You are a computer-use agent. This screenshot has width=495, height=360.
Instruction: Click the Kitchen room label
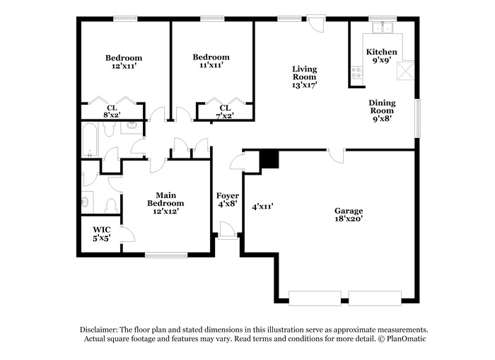tap(381, 52)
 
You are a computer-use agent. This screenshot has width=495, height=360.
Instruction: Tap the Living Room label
tap(304, 73)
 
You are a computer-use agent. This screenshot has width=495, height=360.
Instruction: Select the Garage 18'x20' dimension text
tap(349, 219)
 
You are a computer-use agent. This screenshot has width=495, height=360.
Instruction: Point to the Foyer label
tap(227, 196)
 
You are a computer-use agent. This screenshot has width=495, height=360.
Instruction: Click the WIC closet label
tap(102, 230)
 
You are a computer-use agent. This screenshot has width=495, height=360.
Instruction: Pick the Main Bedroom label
tap(165, 199)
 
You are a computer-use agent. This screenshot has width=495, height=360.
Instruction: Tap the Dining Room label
tap(382, 107)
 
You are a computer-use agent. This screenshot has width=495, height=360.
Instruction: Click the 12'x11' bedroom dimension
tap(124, 66)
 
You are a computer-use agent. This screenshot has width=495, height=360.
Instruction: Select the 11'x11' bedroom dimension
tap(211, 65)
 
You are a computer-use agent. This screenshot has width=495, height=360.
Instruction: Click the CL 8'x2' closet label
tap(112, 112)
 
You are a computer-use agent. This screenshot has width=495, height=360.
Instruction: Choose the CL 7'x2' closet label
tap(225, 112)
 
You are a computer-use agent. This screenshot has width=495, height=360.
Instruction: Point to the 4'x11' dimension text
tap(262, 207)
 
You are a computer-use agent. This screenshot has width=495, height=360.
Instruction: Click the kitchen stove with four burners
tap(356, 72)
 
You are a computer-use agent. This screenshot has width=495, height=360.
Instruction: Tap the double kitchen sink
tap(383, 28)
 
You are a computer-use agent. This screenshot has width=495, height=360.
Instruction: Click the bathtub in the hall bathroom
tap(90, 140)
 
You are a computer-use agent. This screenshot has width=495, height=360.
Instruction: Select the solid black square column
tap(269, 159)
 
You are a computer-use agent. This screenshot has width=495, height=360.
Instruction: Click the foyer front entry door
tap(228, 230)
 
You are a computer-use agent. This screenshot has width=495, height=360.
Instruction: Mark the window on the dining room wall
tap(418, 118)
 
